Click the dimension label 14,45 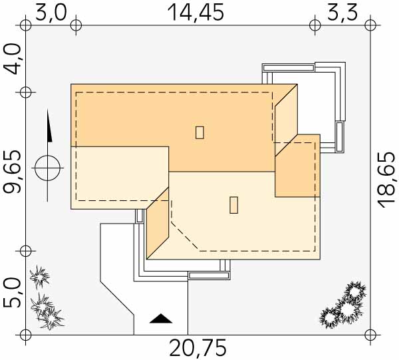[x=196, y=12]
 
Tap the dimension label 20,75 [x=198, y=348]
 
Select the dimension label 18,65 [x=387, y=180]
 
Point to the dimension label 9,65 [x=12, y=172]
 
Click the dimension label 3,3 [x=342, y=12]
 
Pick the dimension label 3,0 [x=51, y=12]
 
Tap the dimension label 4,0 [x=12, y=59]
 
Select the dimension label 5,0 [x=12, y=293]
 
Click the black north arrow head [x=49, y=125]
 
